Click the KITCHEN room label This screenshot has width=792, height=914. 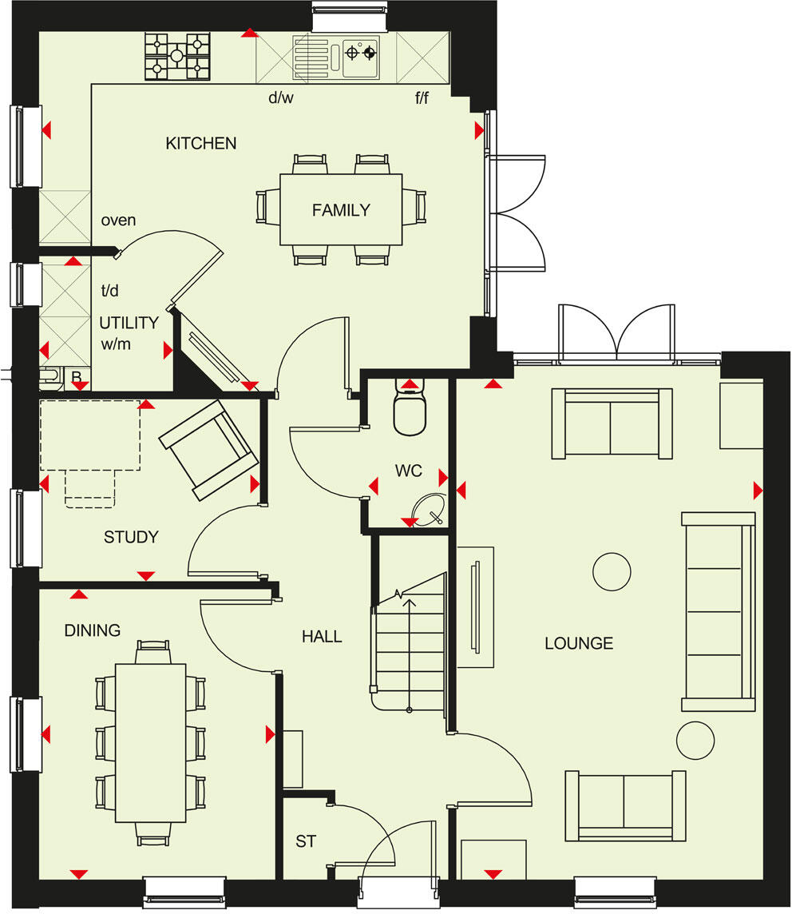[x=201, y=144]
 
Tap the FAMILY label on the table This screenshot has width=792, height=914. [x=341, y=210]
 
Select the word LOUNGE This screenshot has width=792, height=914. [x=579, y=643]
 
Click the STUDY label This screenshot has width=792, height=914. [x=131, y=538]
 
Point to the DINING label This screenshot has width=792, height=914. [x=93, y=630]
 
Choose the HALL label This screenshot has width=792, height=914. [x=322, y=637]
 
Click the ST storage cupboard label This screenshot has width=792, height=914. [x=306, y=841]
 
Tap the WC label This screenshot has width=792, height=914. [x=408, y=471]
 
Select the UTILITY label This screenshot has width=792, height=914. [x=129, y=324]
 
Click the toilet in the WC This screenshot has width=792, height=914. [x=410, y=411]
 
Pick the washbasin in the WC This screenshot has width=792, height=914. [x=427, y=508]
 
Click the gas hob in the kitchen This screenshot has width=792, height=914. [x=176, y=56]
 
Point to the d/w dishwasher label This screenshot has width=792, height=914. [x=281, y=99]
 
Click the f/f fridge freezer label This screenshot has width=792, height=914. [x=422, y=99]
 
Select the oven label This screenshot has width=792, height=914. [x=118, y=220]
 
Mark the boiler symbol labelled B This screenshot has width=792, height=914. [x=77, y=378]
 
